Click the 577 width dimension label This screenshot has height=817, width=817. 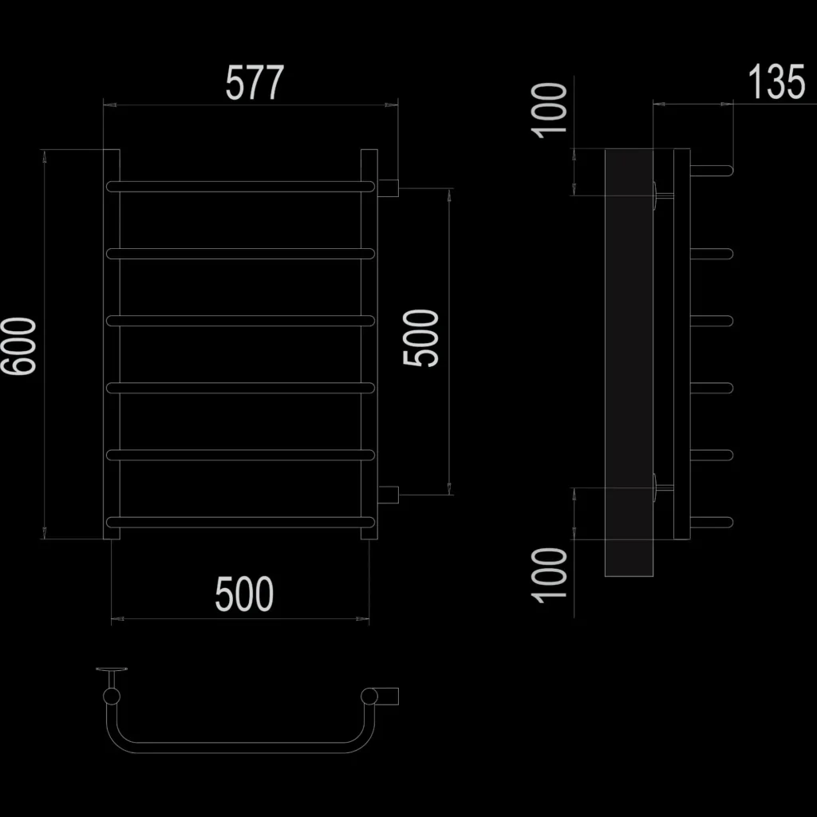point(255,82)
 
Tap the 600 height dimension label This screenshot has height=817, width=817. point(19,346)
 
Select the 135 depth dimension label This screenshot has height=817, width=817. point(777,82)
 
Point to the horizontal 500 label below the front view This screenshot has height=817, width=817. point(244,594)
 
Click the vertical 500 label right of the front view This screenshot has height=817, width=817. point(421,338)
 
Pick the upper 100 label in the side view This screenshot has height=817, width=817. point(549,110)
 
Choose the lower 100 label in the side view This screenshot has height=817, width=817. point(549,575)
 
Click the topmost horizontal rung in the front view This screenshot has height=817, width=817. point(240,187)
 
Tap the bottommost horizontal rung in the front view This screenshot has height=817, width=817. point(240,522)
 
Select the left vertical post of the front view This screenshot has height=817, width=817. point(112,345)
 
